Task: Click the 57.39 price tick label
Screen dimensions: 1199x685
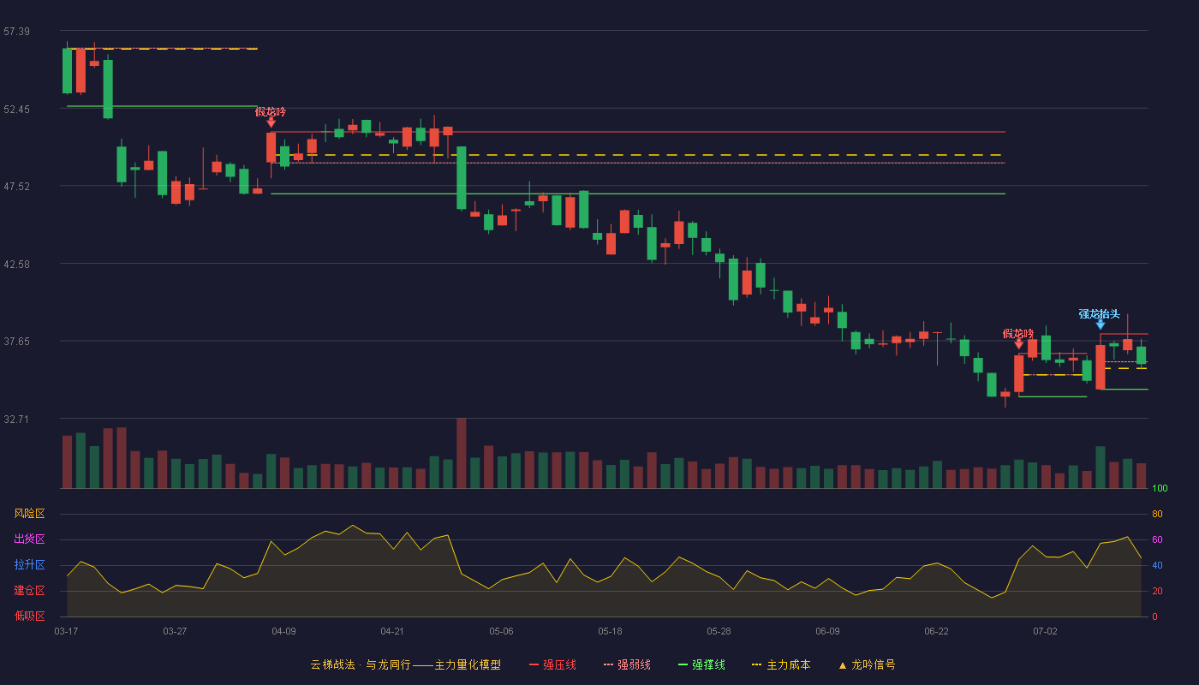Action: [x=16, y=32]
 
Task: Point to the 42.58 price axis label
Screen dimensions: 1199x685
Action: [x=16, y=265]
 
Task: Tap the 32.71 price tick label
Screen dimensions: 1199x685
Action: [x=16, y=419]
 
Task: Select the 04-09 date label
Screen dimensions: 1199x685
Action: [x=283, y=632]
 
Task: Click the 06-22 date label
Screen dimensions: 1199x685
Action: [x=936, y=632]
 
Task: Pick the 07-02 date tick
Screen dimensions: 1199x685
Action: [x=1045, y=632]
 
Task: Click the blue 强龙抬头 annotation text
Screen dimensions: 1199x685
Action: [x=1099, y=314]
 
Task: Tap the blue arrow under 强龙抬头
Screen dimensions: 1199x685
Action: [x=1100, y=325]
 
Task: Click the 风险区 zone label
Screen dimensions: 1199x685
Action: [x=29, y=514]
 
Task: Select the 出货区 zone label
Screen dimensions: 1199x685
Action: [x=29, y=539]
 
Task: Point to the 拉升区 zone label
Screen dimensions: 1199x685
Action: [x=29, y=564]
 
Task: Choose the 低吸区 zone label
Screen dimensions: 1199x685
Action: [x=29, y=616]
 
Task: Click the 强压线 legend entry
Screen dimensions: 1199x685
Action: [x=552, y=664]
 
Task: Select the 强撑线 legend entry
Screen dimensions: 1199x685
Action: [x=701, y=664]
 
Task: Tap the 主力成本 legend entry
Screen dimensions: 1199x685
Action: [x=781, y=664]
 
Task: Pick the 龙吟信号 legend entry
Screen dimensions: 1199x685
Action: [x=867, y=664]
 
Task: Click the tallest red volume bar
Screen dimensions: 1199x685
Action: [x=462, y=453]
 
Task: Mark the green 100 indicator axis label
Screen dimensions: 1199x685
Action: [x=1160, y=488]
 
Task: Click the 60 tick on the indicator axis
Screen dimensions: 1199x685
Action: [x=1157, y=539]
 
